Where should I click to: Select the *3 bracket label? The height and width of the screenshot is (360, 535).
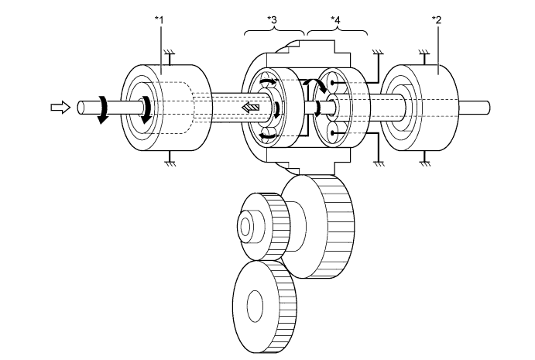(x=274, y=19)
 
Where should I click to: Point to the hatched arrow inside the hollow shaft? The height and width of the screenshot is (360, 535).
(x=249, y=108)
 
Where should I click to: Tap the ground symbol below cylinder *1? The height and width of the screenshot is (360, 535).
(x=169, y=160)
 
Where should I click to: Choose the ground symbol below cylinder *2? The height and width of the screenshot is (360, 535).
(x=424, y=160)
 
